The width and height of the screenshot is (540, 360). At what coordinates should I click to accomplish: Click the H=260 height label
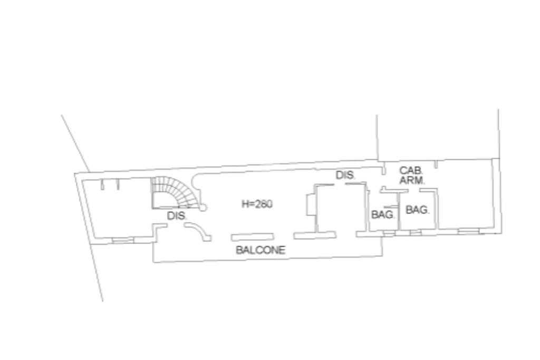tap(257, 205)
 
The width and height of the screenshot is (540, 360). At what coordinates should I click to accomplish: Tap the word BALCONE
tap(261, 250)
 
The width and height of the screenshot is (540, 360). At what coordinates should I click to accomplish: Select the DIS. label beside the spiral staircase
tap(177, 216)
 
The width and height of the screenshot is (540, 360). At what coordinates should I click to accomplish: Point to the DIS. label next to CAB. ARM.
tap(345, 176)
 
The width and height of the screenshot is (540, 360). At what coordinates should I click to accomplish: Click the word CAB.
tap(410, 171)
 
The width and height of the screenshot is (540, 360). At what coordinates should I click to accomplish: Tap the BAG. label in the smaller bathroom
tap(383, 215)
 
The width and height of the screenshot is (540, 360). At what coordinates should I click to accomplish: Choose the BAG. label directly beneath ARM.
tap(417, 210)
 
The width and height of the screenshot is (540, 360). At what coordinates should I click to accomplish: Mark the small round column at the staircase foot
tap(203, 208)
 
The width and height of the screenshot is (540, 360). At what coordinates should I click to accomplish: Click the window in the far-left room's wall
tap(122, 240)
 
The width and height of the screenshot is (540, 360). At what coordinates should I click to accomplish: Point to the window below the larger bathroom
tap(416, 232)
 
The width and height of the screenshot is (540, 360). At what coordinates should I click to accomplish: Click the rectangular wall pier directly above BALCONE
tap(252, 237)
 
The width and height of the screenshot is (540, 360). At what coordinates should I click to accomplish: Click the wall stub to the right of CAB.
tap(436, 165)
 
